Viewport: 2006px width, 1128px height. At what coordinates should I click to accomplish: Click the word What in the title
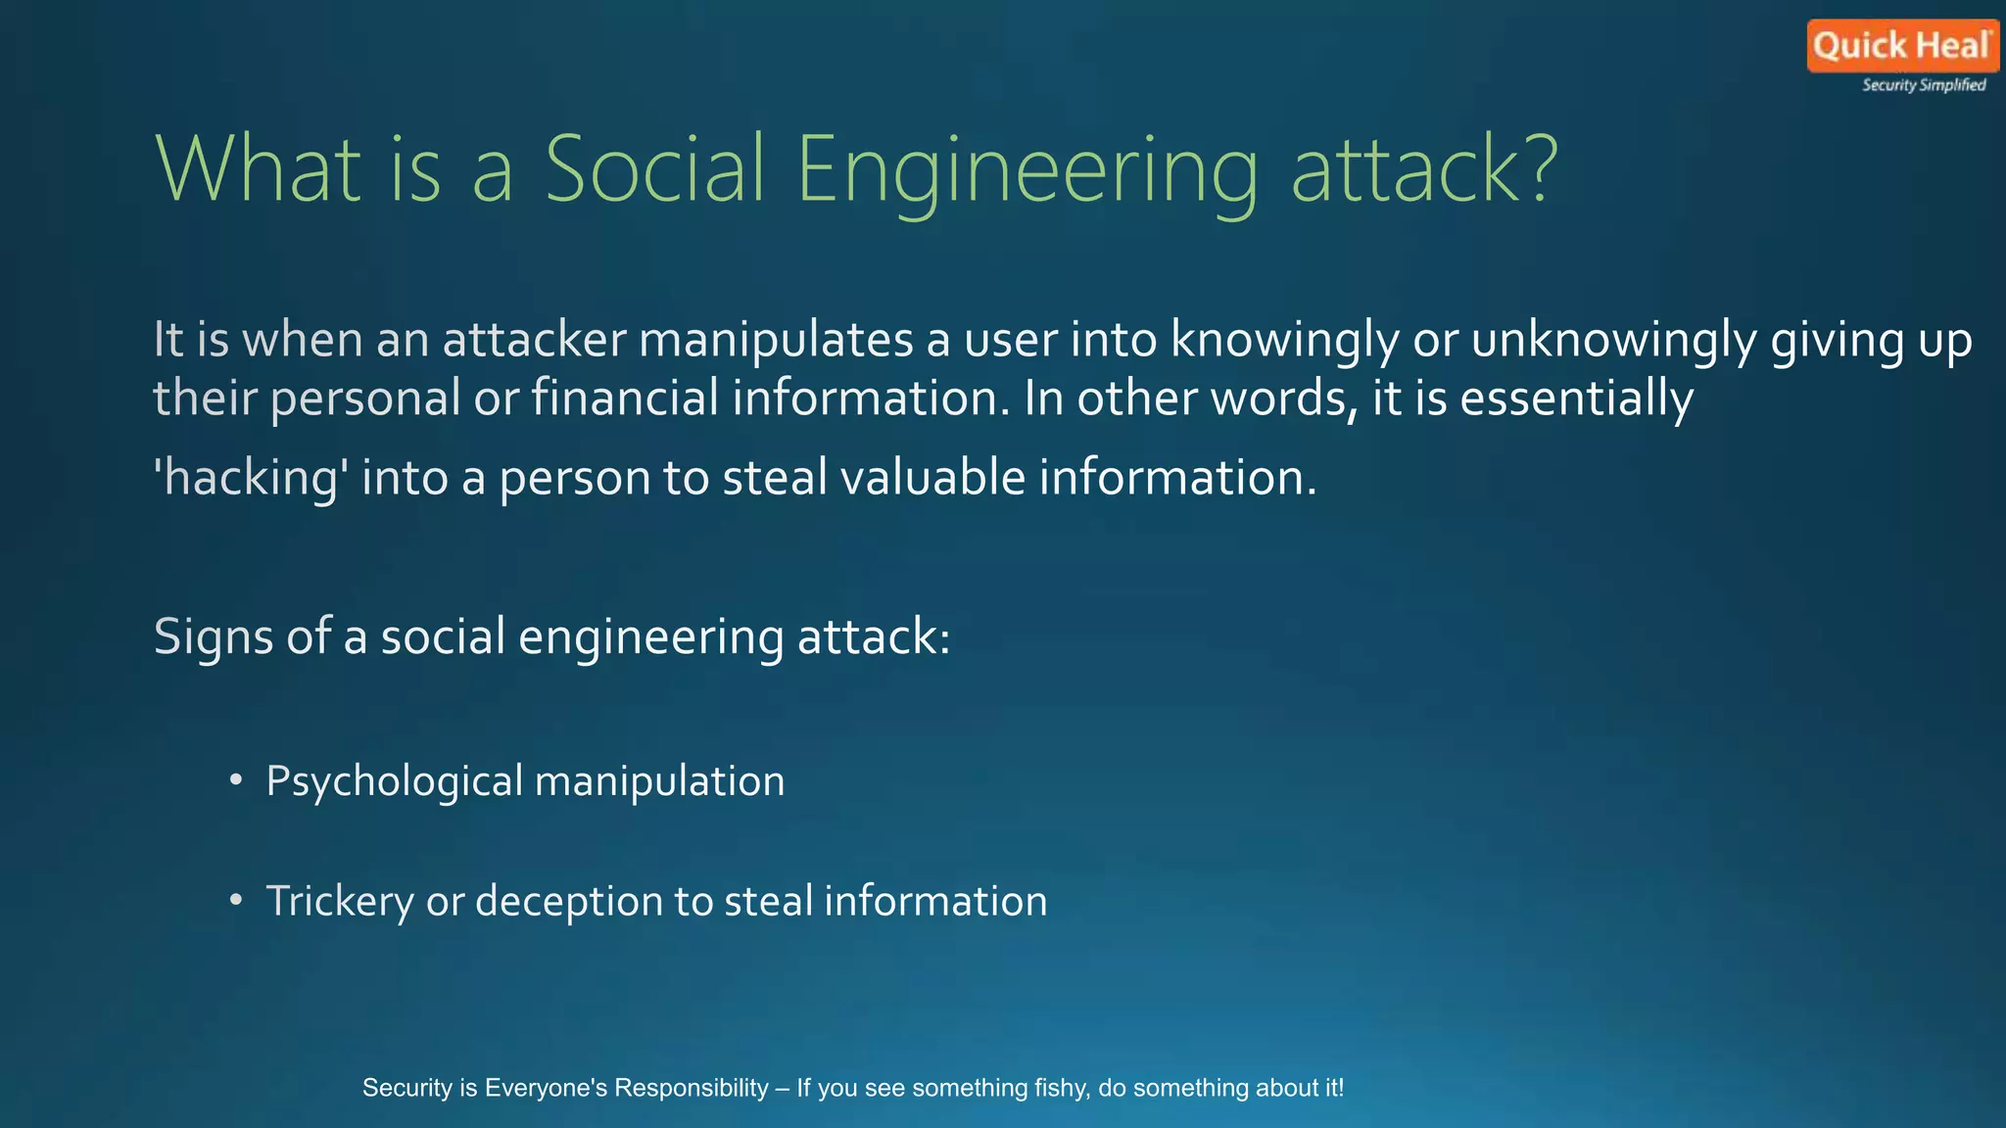(258, 168)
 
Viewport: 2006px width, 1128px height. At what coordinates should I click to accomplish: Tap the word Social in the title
(653, 168)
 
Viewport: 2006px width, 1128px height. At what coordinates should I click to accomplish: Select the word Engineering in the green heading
(1027, 170)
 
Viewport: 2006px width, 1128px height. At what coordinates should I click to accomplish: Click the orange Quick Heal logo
(1901, 46)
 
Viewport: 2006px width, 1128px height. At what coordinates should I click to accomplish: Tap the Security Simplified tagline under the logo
(1924, 85)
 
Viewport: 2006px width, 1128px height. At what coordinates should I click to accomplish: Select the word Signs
(214, 637)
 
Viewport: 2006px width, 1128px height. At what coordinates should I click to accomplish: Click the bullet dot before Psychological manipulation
(235, 780)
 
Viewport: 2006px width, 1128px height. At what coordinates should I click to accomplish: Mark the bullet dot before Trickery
(235, 900)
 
